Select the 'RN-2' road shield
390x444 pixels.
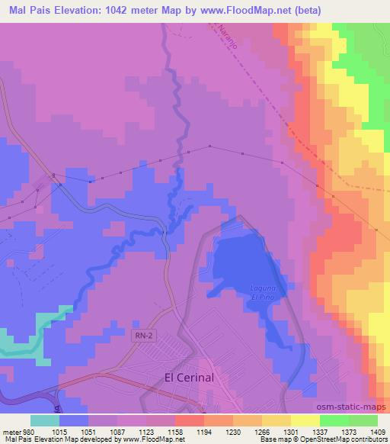145,336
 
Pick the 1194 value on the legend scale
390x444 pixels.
203,431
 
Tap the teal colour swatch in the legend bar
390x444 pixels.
45,420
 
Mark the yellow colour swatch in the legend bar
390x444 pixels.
305,420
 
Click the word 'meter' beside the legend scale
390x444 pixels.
14,431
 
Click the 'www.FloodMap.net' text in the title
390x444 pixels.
238,10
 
